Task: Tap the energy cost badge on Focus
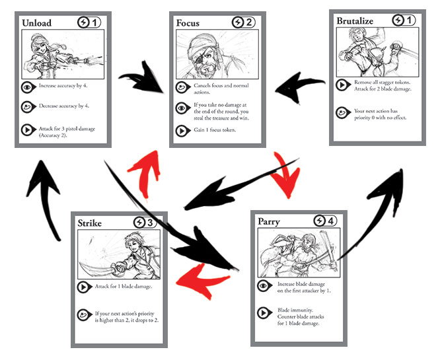click(243, 22)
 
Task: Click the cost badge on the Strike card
click(145, 223)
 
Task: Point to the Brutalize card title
click(355, 21)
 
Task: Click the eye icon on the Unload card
click(28, 86)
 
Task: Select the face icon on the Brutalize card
click(342, 112)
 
